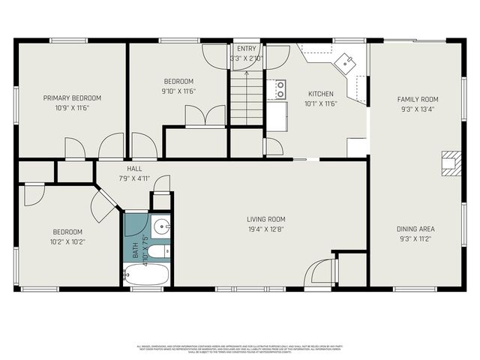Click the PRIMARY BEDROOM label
coord(71,97)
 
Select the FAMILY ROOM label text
coord(418,99)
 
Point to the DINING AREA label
coord(416,229)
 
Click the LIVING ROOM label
coord(267,219)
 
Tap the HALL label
coord(135,169)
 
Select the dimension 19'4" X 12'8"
coord(267,229)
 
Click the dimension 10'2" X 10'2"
coord(67,241)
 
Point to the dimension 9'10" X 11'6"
coord(179,91)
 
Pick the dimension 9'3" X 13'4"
coord(418,109)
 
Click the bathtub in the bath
coord(146,274)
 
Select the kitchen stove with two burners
coord(280,90)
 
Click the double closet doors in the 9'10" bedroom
coord(205,116)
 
